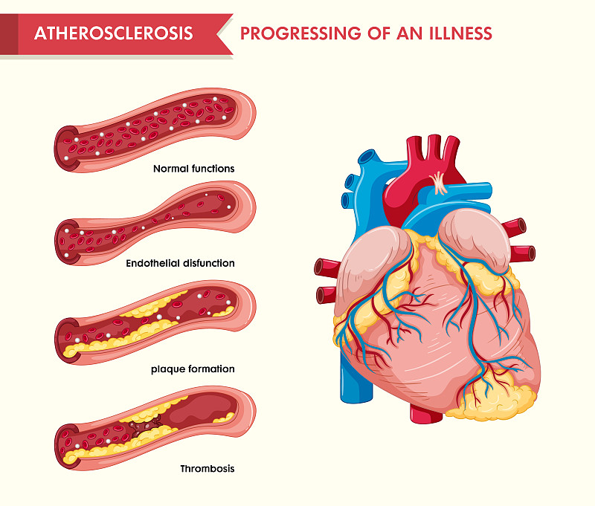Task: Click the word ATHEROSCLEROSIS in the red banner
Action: pyautogui.click(x=113, y=33)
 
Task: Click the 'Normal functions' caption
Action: pyautogui.click(x=193, y=169)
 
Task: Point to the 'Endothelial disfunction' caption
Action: pyautogui.click(x=180, y=263)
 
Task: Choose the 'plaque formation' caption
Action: pyautogui.click(x=193, y=369)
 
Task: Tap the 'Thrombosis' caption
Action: pyautogui.click(x=207, y=468)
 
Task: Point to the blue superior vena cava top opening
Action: pyautogui.click(x=367, y=158)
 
